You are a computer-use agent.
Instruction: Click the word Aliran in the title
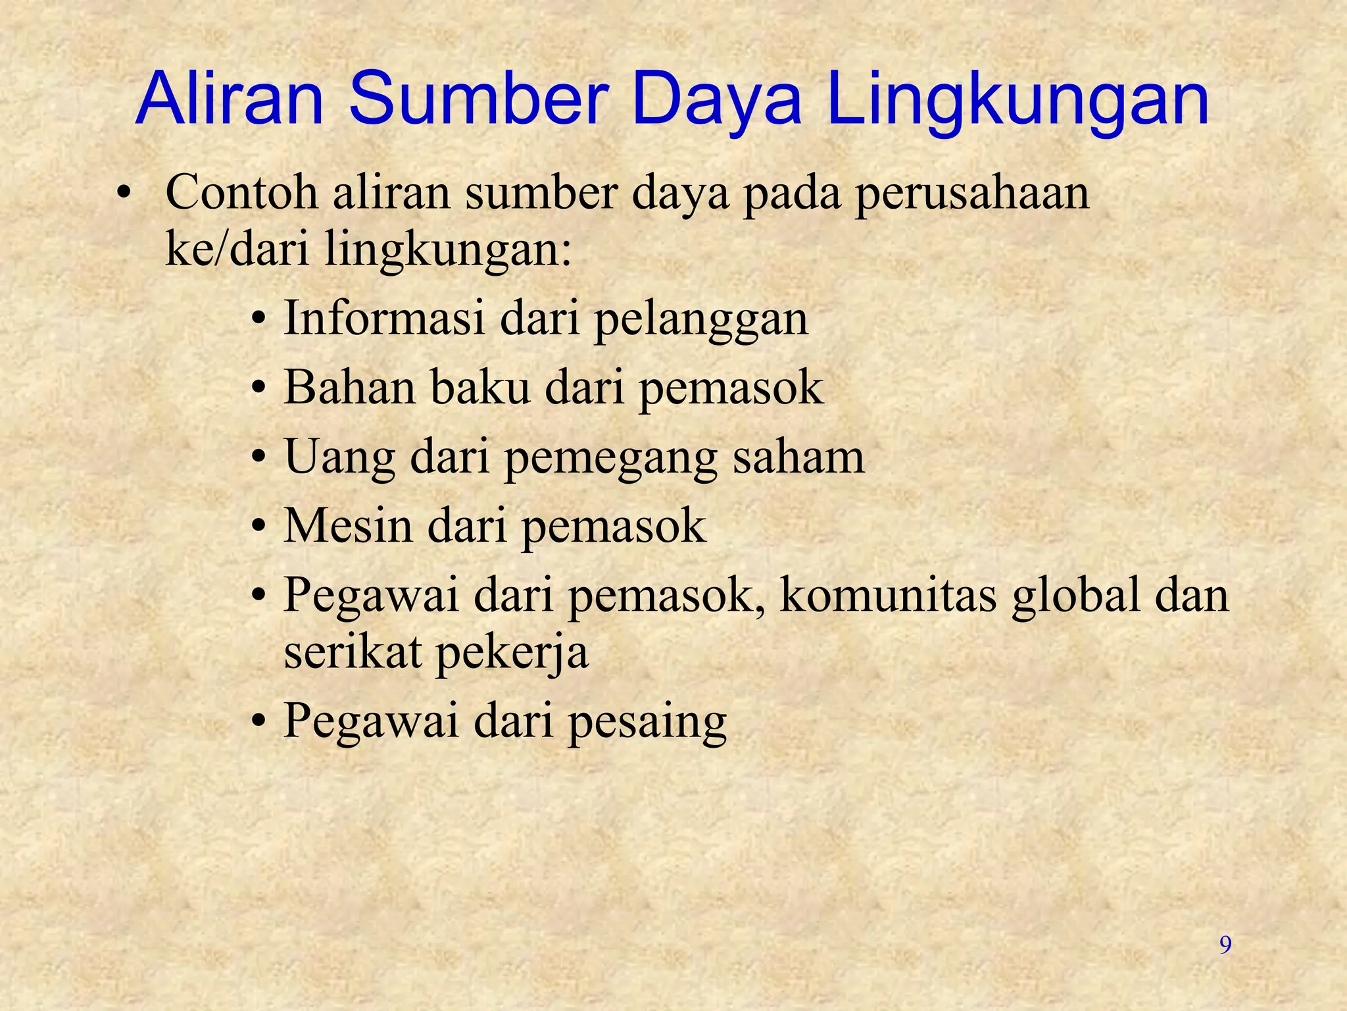pyautogui.click(x=230, y=100)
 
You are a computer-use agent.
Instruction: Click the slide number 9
pyautogui.click(x=1225, y=945)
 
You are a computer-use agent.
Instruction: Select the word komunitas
pyautogui.click(x=888, y=594)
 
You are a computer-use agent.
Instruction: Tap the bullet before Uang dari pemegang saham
pyautogui.click(x=260, y=457)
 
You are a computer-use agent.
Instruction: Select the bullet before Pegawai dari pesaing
pyautogui.click(x=260, y=720)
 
